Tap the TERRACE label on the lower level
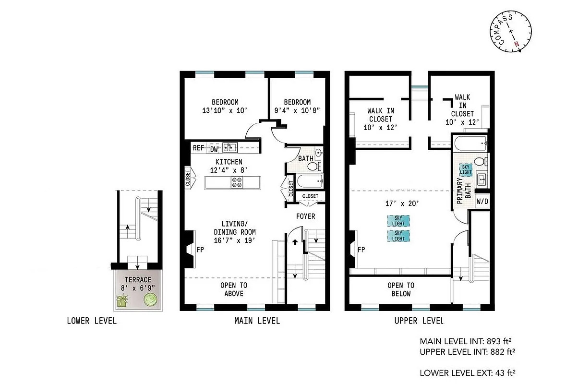(138, 280)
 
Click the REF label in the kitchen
(198, 148)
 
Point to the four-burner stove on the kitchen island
(237, 182)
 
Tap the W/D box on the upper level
(482, 201)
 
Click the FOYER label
(305, 216)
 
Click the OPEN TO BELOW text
(400, 289)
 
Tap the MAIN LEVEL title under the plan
(257, 321)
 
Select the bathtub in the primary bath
(469, 143)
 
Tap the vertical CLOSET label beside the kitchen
(188, 177)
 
